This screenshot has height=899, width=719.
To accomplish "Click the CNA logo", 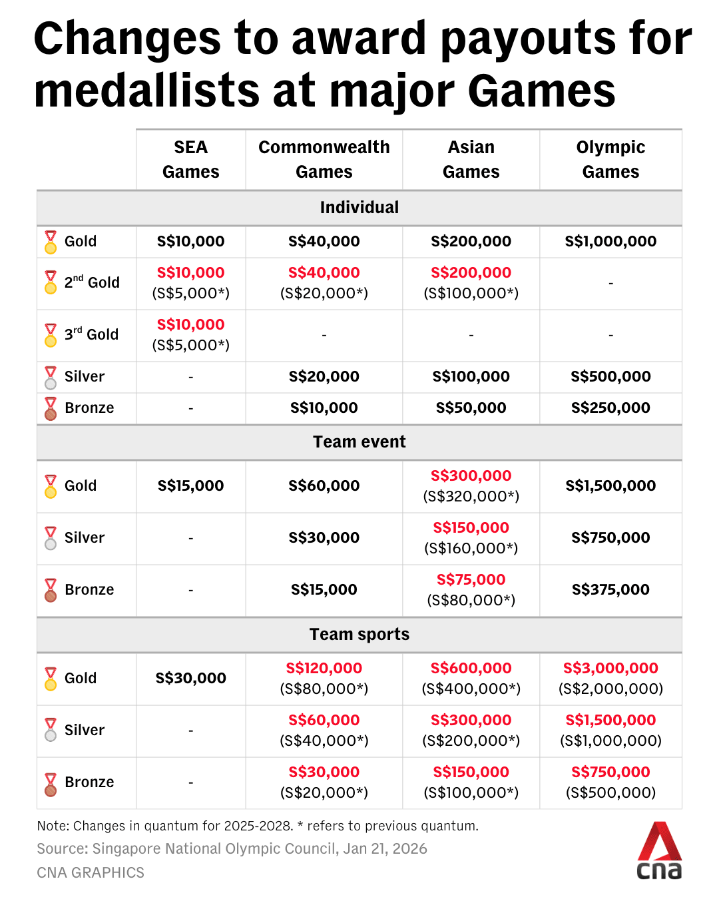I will (x=659, y=851).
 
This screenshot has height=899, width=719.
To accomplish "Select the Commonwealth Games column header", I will (x=324, y=159).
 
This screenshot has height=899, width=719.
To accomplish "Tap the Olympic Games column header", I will (x=610, y=159).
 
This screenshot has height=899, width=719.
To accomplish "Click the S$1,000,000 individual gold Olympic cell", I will (x=610, y=241).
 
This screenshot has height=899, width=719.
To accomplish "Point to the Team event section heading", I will (x=359, y=442).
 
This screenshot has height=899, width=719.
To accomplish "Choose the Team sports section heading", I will (x=359, y=635).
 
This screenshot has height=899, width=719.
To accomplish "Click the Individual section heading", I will (x=359, y=208).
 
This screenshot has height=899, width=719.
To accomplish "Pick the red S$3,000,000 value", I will (x=610, y=668).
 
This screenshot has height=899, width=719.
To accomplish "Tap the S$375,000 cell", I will (x=610, y=589).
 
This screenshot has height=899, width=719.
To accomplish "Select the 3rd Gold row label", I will (x=91, y=334).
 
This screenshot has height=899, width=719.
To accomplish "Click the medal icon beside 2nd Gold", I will (x=51, y=282).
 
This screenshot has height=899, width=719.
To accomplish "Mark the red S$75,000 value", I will (x=471, y=579).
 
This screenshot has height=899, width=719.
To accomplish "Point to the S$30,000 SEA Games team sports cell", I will (x=191, y=678).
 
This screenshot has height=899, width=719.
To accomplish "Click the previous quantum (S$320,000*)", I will (x=471, y=497).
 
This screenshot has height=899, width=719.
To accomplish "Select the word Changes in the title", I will (x=127, y=39).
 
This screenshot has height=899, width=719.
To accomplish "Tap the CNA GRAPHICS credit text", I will (x=91, y=872).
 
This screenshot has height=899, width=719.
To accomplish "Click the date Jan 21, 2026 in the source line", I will (x=385, y=848).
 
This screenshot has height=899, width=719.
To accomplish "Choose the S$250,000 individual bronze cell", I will (x=610, y=408).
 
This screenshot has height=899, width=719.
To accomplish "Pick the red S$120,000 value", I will (x=324, y=668).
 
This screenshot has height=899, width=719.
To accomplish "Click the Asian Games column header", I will (x=471, y=159).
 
